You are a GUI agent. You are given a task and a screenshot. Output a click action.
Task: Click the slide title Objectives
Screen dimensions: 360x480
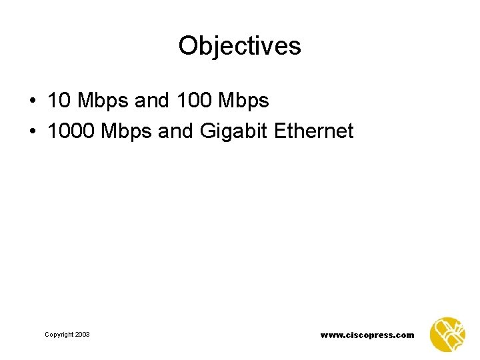(x=240, y=46)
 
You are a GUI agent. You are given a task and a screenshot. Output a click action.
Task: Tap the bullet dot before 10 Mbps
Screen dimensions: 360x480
(x=32, y=101)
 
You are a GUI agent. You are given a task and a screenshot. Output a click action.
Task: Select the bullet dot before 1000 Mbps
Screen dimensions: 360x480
(x=32, y=132)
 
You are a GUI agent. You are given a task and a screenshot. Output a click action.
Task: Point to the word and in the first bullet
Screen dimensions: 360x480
(x=151, y=101)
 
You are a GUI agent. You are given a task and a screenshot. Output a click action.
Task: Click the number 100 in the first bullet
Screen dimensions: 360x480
(x=190, y=101)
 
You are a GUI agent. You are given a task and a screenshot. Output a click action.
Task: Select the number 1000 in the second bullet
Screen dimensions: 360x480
(x=71, y=131)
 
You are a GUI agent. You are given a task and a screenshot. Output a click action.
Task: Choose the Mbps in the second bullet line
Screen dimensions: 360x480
(x=126, y=132)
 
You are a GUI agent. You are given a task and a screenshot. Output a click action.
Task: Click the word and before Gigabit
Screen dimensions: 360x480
(x=175, y=131)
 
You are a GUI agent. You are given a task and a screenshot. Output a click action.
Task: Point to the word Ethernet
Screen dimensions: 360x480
(x=313, y=131)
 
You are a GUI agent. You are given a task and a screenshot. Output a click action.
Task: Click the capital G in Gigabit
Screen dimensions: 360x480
(x=206, y=131)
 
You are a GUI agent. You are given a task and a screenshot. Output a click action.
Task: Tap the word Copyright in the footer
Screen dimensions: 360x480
(x=59, y=334)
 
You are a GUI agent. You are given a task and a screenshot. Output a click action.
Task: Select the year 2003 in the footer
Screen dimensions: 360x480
(x=83, y=334)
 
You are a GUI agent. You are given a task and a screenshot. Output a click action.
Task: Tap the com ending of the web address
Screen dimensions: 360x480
(x=405, y=335)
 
